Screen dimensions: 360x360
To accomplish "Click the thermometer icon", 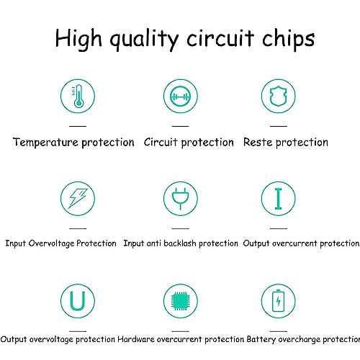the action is (x=78, y=96).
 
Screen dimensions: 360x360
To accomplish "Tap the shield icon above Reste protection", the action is (x=279, y=96).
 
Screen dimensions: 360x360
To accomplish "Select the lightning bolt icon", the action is (x=78, y=198).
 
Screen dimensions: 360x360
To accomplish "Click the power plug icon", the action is (x=181, y=199).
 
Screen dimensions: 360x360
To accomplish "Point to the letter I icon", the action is (x=279, y=199).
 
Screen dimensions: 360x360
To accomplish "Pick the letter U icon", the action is (x=78, y=301).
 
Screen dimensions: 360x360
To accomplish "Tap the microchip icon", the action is (x=181, y=301).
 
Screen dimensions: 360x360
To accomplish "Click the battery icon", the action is (x=279, y=301).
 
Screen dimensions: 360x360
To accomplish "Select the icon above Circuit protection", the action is (x=181, y=96).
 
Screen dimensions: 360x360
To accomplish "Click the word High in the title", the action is (x=78, y=39).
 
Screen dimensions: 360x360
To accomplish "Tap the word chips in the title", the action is (x=288, y=39).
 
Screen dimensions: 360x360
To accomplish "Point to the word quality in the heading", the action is (x=144, y=40).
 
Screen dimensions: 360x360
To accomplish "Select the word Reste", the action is (x=258, y=142).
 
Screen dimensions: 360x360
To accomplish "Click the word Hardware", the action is (x=136, y=339).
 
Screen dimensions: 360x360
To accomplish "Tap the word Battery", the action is (x=261, y=340).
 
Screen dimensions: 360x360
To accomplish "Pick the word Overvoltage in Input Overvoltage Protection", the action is (x=51, y=243).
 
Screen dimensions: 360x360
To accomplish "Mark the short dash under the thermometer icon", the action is (x=78, y=126).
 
